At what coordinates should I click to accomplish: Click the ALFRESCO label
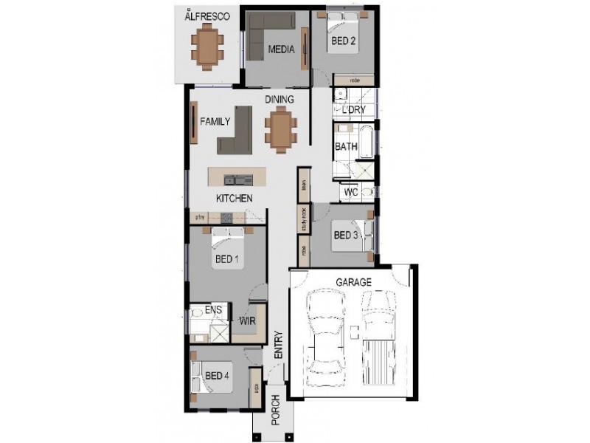pos(208,16)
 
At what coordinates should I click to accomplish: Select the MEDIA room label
pos(281,50)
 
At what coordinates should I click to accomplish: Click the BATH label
pos(346,146)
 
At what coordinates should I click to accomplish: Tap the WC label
pos(351,192)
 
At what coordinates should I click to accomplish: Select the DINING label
pos(280,100)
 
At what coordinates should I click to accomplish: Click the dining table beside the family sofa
pos(280,129)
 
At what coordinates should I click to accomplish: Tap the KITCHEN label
pos(235,199)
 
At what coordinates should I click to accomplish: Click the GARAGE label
pos(353,282)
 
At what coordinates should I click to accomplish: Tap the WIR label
pos(247,321)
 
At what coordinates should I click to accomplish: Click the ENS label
pos(213,310)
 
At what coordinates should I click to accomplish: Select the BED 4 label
pos(218,375)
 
